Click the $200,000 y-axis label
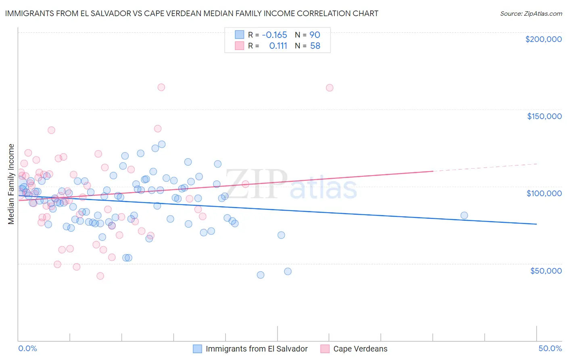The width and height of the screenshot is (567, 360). (543, 39)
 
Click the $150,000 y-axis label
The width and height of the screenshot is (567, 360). (544, 116)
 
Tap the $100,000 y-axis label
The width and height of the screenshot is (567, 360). (544, 193)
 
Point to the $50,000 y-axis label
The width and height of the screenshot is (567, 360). (546, 270)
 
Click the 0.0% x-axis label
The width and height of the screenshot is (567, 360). (27, 348)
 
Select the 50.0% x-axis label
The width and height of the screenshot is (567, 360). (550, 348)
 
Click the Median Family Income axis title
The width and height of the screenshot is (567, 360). (11, 184)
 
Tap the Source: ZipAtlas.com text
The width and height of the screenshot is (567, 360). (531, 13)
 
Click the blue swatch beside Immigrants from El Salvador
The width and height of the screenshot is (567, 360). (197, 349)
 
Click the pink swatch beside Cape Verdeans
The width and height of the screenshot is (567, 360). (325, 349)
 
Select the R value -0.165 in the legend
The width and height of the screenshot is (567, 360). (274, 35)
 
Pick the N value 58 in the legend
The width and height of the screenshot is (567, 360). (315, 46)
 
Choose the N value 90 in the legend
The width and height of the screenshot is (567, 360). (315, 35)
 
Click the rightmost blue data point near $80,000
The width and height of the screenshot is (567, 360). (464, 216)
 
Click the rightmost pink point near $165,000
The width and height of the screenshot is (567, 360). (329, 88)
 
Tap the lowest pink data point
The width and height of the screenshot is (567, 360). (100, 276)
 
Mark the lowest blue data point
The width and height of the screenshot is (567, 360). (261, 275)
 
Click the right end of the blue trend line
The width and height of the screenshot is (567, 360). (536, 224)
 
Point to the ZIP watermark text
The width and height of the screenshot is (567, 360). (256, 184)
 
